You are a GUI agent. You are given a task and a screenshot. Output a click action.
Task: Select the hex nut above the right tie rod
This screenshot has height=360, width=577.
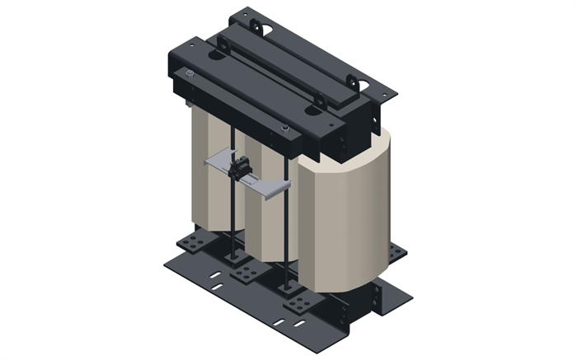(285, 129)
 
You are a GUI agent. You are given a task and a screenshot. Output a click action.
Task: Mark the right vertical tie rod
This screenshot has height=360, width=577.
(286, 222)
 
